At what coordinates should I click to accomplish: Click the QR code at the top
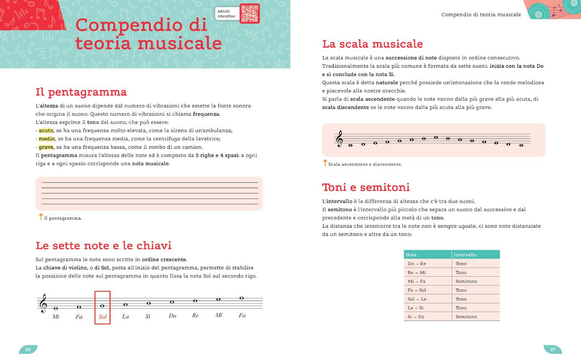(x=249, y=13)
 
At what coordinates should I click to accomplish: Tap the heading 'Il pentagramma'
(x=81, y=92)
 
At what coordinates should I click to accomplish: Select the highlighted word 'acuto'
(x=46, y=131)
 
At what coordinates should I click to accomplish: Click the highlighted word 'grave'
(x=46, y=147)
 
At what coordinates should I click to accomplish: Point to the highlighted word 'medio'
(x=47, y=139)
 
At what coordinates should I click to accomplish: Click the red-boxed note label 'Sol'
(x=103, y=317)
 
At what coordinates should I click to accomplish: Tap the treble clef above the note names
(x=43, y=304)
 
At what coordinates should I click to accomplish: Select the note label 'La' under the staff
(x=125, y=316)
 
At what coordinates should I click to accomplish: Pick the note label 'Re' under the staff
(x=195, y=315)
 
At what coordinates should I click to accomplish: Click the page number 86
(x=28, y=349)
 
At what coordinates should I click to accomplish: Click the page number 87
(x=553, y=349)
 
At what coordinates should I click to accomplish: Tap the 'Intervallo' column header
(x=465, y=255)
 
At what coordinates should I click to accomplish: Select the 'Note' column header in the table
(x=411, y=255)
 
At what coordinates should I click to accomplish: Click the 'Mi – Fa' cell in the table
(x=417, y=281)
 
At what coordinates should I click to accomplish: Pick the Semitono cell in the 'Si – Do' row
(x=466, y=317)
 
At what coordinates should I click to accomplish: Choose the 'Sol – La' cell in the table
(x=417, y=299)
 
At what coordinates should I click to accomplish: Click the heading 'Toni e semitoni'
(x=366, y=188)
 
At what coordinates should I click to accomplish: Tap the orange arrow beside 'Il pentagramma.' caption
(x=41, y=217)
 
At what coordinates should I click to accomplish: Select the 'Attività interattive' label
(x=226, y=14)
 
